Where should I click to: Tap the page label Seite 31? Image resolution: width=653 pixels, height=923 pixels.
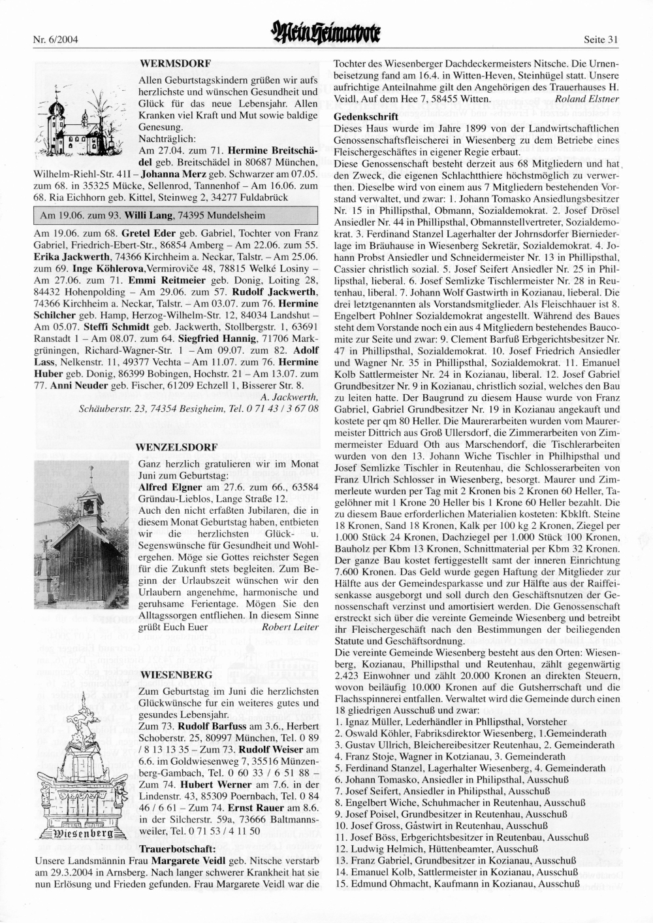tap(601, 39)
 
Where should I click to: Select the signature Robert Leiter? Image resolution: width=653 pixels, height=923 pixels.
tap(289, 627)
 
